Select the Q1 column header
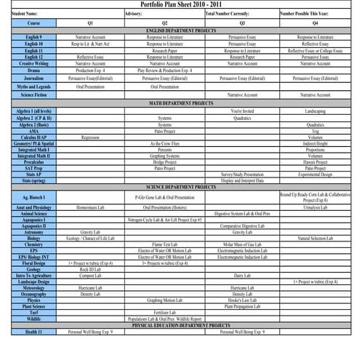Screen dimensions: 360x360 click(x=90, y=23)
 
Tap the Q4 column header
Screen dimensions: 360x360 click(x=315, y=23)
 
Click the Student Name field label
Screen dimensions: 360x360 click(x=15, y=13)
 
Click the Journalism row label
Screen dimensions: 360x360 click(x=33, y=76)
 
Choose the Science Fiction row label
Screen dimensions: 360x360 click(x=33, y=95)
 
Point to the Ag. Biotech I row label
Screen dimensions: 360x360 click(x=33, y=197)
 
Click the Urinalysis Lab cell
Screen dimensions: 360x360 click(x=315, y=207)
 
